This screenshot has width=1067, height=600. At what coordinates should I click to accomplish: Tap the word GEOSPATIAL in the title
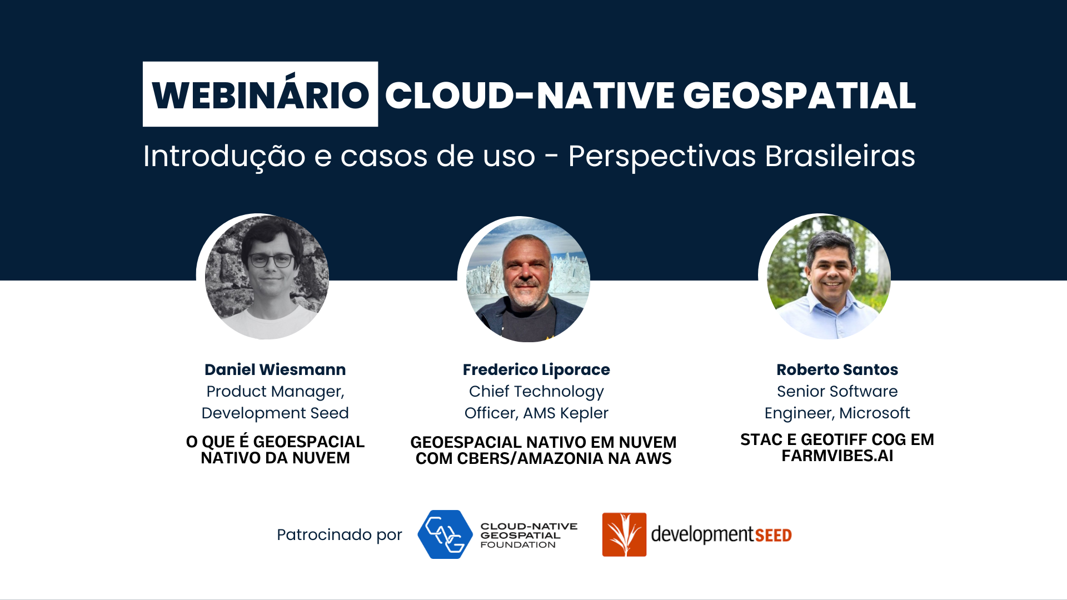(x=799, y=96)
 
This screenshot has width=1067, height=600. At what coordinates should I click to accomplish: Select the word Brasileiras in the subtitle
(x=840, y=156)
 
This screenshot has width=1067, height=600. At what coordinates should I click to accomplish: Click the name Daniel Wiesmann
(x=275, y=369)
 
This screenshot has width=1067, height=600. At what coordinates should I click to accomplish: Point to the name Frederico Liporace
(x=536, y=369)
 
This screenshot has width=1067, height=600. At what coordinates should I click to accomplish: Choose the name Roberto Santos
(x=837, y=369)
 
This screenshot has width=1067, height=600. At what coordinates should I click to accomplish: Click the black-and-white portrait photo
(x=267, y=277)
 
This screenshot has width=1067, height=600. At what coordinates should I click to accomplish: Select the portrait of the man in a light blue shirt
(x=829, y=277)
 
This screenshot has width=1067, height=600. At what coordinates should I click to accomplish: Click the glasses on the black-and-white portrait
(x=271, y=260)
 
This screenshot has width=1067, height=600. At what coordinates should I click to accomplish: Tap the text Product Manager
(x=275, y=392)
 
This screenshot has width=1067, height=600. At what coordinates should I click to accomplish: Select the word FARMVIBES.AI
(x=837, y=456)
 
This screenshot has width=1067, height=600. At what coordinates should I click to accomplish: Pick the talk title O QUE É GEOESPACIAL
(x=275, y=442)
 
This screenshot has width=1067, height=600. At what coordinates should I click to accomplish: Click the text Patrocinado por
(x=339, y=534)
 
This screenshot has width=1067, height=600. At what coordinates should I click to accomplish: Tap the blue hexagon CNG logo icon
(x=445, y=534)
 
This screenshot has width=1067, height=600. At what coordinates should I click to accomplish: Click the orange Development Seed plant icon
(x=624, y=534)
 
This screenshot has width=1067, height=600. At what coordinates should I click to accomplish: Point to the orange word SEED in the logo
(x=773, y=535)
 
